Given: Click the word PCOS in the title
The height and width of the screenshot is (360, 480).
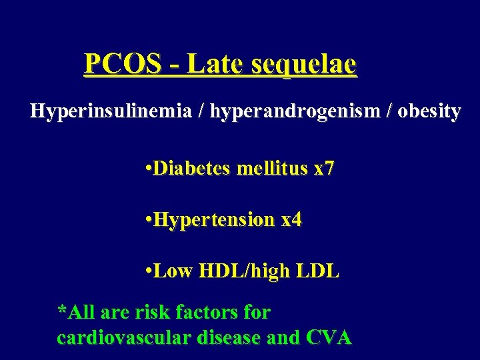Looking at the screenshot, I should [123, 64].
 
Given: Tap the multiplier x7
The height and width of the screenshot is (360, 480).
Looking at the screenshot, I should [323, 169].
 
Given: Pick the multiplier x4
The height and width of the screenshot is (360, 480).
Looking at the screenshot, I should [291, 220].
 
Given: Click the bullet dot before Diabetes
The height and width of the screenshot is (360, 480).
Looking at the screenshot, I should [147, 169].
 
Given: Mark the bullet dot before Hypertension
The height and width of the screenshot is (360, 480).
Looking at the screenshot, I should [147, 220].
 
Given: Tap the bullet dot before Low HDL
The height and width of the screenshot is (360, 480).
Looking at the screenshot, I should [147, 271].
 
